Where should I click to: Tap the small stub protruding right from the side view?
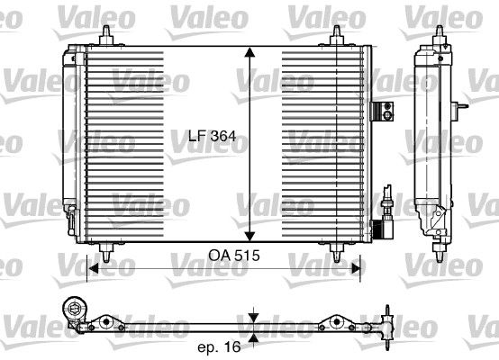point(465,110)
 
